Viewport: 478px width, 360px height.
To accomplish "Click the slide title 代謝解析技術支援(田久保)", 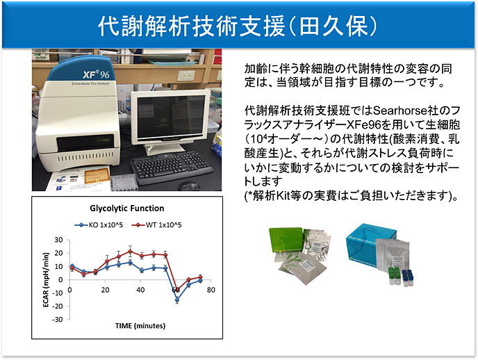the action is (238, 26).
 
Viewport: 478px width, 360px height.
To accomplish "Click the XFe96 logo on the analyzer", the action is (96, 74).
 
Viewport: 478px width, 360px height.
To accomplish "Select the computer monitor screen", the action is (171, 117).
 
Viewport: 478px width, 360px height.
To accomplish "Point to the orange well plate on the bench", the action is (97, 176).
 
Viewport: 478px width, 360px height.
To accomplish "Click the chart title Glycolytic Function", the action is (127, 208).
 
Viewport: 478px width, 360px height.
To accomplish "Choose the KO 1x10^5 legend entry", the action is (99, 225).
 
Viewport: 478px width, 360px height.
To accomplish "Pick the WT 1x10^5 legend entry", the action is (156, 225).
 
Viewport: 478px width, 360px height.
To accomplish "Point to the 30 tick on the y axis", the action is (58, 240).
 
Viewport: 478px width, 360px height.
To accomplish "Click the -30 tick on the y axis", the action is (57, 320).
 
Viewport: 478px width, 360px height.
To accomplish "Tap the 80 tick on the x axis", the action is (211, 290).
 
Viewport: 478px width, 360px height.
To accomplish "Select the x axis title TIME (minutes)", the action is (140, 326).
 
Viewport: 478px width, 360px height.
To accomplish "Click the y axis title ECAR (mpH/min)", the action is (46, 280).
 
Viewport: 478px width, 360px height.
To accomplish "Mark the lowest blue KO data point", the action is (177, 300).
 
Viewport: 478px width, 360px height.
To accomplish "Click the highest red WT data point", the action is (130, 252).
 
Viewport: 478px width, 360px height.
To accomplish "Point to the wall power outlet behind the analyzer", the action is (186, 74).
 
